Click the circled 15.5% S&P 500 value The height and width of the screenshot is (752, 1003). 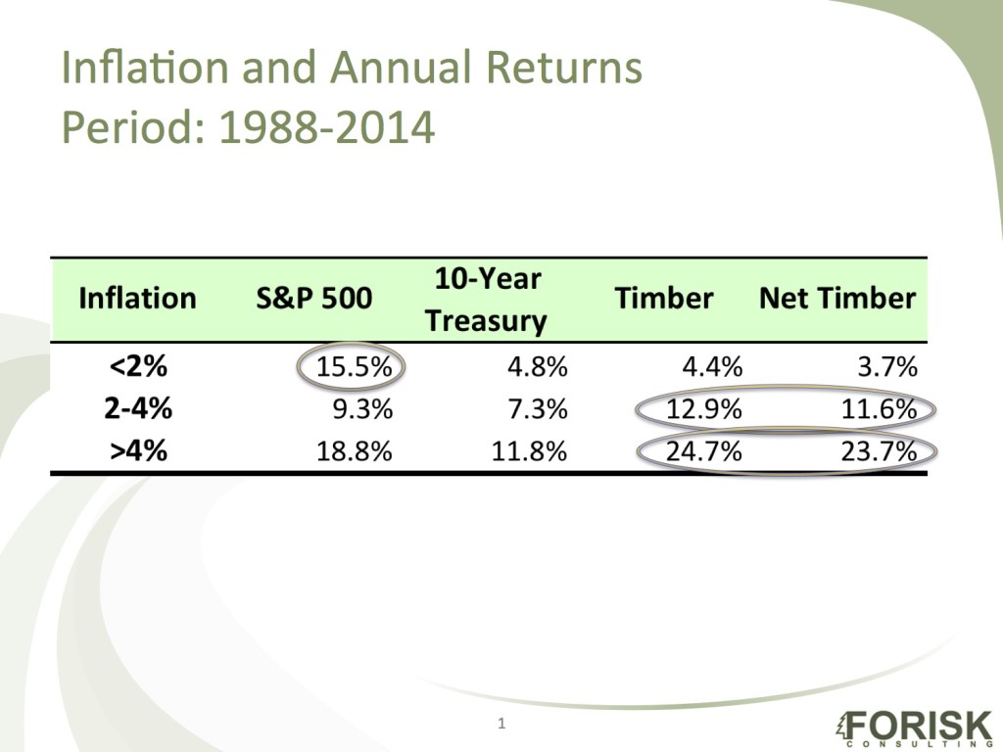click(x=353, y=368)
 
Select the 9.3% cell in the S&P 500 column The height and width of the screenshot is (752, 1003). click(x=361, y=410)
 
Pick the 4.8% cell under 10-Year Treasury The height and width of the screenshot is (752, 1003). click(x=537, y=368)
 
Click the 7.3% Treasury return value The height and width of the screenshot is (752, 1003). click(x=537, y=410)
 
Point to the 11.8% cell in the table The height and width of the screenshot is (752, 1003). click(x=529, y=451)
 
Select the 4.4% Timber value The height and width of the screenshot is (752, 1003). click(x=711, y=368)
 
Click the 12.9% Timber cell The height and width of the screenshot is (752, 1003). click(x=703, y=410)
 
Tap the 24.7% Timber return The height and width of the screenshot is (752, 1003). click(x=703, y=451)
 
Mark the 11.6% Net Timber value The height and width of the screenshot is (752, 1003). click(x=879, y=410)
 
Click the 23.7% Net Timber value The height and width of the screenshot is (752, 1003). click(x=879, y=451)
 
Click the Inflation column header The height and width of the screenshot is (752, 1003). click(x=137, y=299)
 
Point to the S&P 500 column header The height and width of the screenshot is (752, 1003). click(x=313, y=299)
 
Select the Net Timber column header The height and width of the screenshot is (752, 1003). click(x=837, y=299)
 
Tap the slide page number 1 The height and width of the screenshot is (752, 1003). click(x=501, y=724)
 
